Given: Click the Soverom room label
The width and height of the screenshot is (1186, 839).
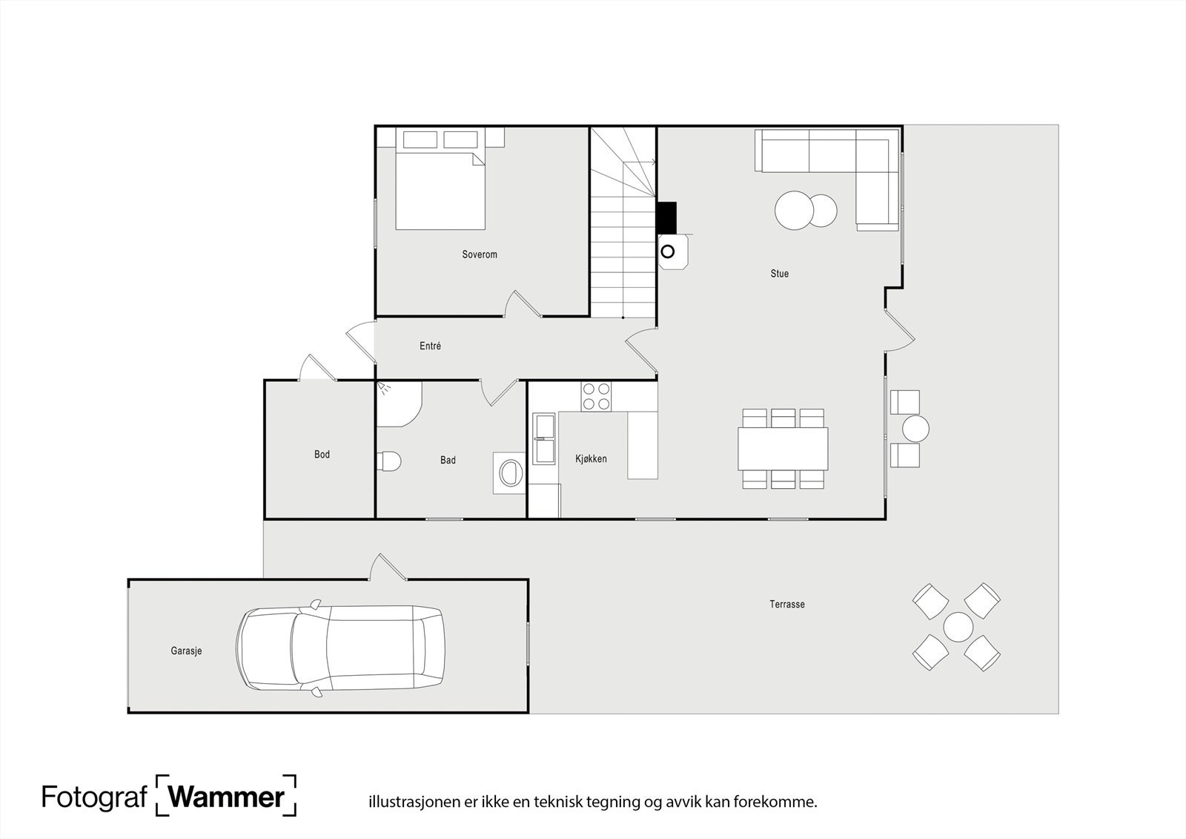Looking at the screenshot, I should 479,254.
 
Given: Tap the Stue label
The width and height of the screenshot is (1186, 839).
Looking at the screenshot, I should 779,274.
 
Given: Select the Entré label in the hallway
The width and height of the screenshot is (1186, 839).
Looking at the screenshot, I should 430,346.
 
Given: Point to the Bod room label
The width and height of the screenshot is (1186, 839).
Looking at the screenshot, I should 322,454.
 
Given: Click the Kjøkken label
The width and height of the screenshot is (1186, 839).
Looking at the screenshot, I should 591,458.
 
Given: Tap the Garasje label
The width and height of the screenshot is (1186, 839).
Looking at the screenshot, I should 186,651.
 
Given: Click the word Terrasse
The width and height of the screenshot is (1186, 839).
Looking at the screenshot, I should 786,604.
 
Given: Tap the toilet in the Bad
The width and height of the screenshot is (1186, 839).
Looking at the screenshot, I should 388,461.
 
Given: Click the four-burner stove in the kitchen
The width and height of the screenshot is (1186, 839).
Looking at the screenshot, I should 596,395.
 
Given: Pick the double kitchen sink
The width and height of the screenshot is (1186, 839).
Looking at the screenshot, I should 544,438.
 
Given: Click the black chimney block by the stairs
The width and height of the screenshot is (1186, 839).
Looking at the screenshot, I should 666,217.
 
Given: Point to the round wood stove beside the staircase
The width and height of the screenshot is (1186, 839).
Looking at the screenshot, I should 668,251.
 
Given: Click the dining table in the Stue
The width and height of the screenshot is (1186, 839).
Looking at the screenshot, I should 782,448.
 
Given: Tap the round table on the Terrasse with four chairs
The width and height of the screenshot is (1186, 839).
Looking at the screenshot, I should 958,627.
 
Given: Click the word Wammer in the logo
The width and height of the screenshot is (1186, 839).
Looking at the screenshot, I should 226,797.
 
